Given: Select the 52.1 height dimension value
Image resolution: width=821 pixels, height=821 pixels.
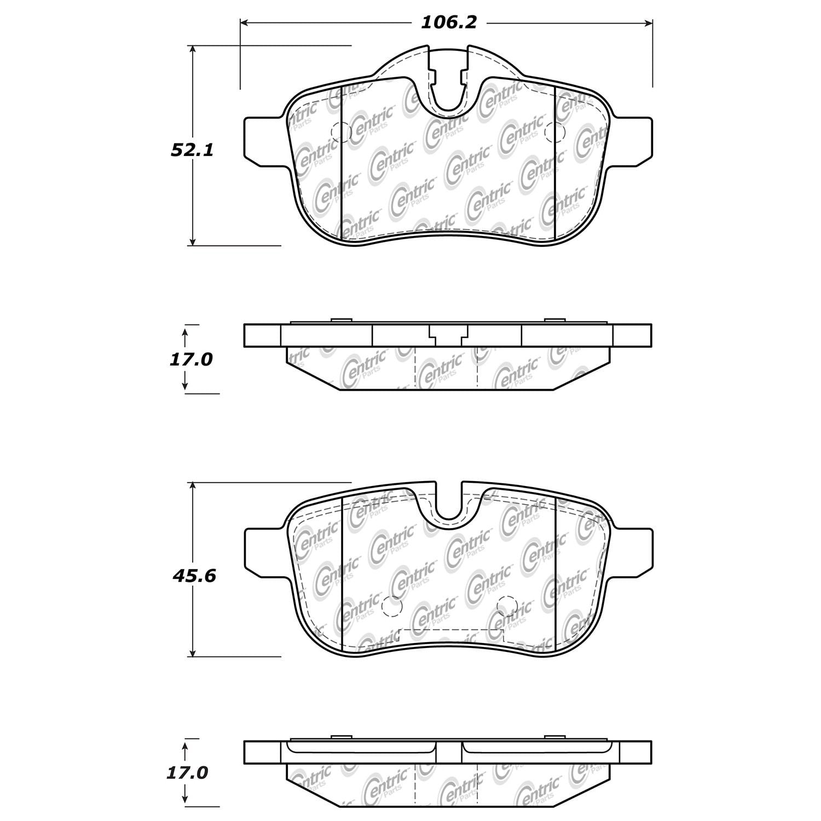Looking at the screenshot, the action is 192,150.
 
